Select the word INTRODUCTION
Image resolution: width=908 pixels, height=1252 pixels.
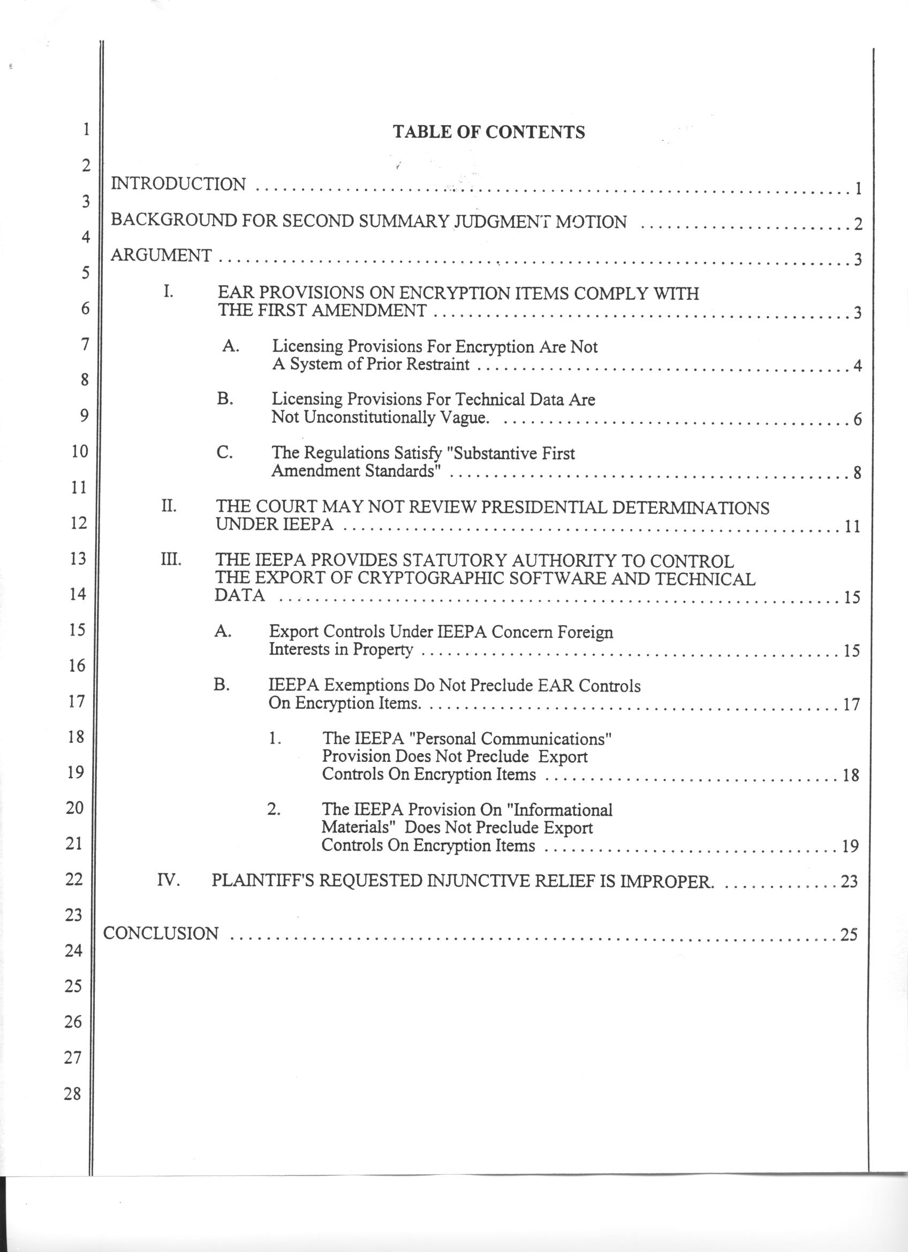click(178, 184)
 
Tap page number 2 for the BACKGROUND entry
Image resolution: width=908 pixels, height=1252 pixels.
click(858, 225)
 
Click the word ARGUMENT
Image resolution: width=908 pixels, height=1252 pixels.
click(161, 255)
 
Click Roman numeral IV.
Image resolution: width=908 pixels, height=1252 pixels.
click(169, 879)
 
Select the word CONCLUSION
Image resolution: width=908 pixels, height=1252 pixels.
click(161, 933)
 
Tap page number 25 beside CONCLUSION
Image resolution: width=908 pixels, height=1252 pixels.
click(849, 935)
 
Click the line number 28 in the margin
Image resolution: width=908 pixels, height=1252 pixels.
click(72, 1093)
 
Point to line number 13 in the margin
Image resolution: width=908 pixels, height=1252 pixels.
click(78, 558)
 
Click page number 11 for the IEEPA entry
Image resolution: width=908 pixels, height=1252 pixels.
click(852, 526)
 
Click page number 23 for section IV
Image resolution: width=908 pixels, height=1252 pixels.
click(849, 882)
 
